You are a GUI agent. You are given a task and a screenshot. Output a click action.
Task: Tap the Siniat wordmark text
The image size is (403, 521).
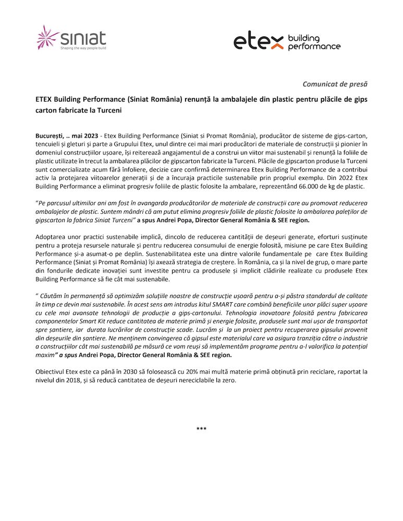pos(83,37)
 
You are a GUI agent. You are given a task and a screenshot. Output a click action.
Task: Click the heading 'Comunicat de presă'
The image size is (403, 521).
pos(335,83)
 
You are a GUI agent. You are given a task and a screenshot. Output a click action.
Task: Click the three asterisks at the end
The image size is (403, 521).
pos(201,429)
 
